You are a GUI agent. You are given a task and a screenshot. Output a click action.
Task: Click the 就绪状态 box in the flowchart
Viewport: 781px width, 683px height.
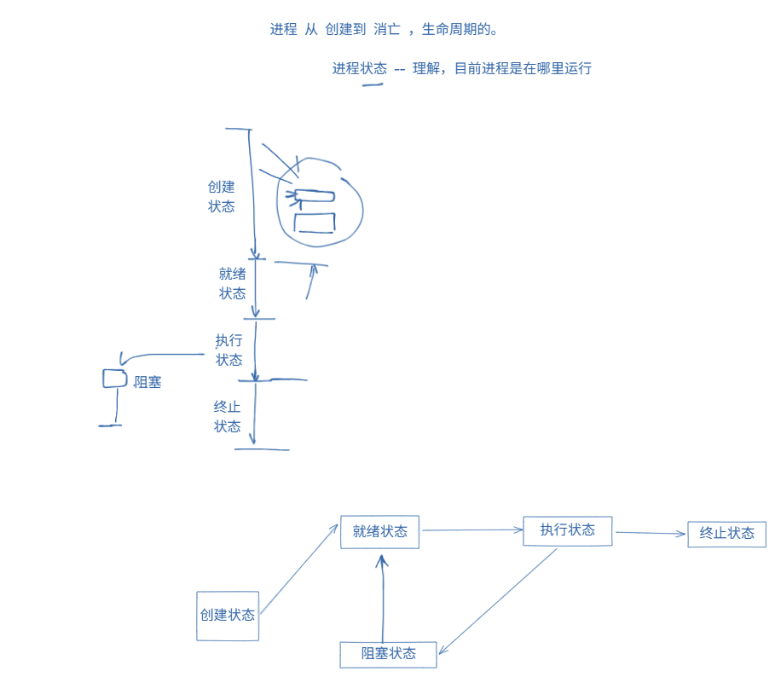tap(379, 532)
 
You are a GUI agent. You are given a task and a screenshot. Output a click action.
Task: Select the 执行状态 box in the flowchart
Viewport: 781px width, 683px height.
tap(567, 530)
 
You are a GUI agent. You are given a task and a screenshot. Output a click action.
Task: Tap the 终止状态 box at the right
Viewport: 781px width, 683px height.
tap(726, 534)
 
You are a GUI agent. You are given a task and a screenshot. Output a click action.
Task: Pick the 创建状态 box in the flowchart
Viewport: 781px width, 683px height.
tap(227, 616)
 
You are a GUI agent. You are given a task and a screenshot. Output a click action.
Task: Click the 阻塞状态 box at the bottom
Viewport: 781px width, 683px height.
tap(388, 654)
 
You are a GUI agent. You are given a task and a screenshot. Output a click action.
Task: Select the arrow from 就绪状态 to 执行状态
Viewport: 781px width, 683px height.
tap(471, 530)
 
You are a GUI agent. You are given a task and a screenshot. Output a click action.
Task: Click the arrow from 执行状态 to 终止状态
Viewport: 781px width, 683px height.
tap(650, 534)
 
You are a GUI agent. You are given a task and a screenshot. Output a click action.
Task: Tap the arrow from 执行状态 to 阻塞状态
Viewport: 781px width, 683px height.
tap(499, 601)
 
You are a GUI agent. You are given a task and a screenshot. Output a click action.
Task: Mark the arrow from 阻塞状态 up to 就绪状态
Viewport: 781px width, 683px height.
tap(383, 597)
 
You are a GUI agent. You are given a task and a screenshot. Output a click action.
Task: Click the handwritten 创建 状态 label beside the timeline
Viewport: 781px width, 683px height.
tap(221, 196)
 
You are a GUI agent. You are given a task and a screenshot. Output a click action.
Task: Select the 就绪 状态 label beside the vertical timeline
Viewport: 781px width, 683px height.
tap(232, 283)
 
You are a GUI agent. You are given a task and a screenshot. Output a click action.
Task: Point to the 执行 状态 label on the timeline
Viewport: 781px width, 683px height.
tap(229, 350)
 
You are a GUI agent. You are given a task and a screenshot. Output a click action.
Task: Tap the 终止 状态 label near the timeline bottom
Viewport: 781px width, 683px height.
tap(227, 416)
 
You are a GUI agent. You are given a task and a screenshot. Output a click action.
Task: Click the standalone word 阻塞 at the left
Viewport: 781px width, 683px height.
tap(148, 382)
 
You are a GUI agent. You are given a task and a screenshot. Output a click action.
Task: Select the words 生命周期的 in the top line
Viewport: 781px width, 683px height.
tap(460, 30)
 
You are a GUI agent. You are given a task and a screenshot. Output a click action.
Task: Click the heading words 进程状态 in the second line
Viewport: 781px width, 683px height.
tap(359, 68)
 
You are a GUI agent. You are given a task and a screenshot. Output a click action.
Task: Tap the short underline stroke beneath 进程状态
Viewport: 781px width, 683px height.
tap(373, 86)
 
